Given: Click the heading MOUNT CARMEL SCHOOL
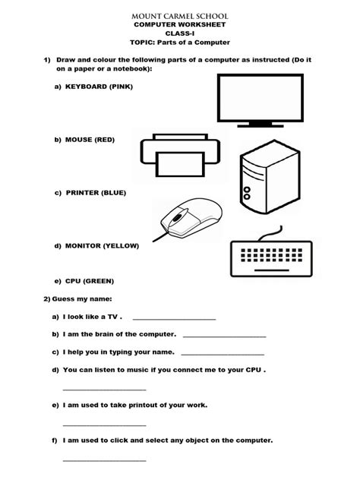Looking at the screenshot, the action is point(180,14).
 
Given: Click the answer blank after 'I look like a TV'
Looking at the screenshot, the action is point(174,318).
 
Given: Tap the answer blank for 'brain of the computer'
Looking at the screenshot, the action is point(224,335).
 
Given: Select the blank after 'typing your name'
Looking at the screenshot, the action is point(223,353).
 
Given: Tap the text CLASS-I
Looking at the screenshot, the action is point(180,33).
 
